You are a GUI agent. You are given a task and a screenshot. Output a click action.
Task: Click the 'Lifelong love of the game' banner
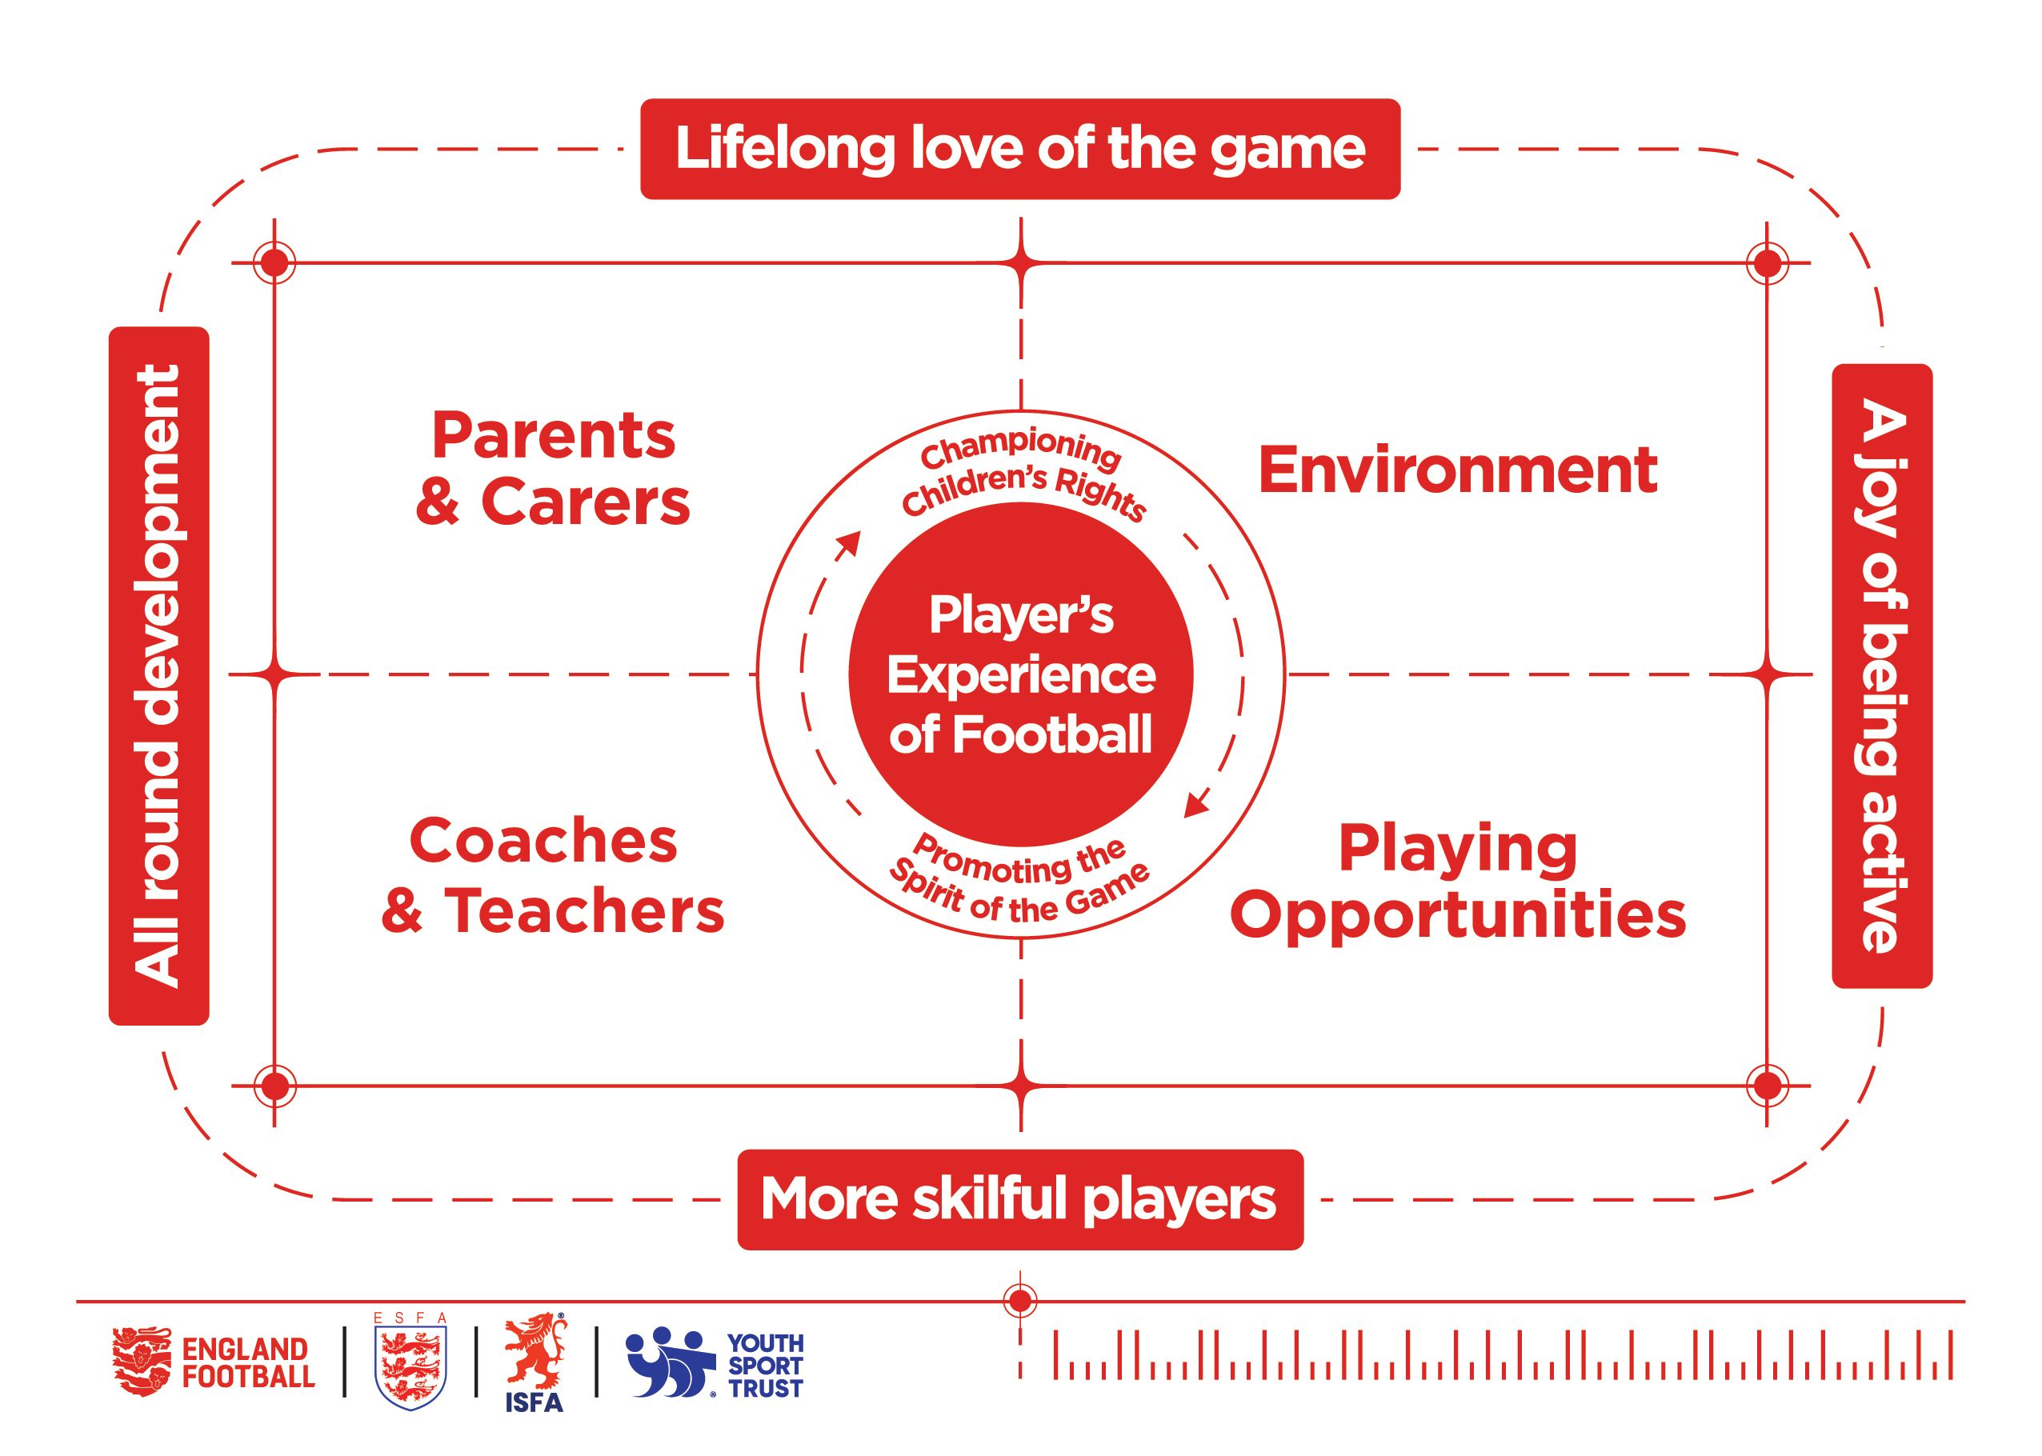tap(1019, 149)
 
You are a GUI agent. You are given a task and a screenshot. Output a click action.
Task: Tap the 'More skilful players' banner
tap(1019, 1198)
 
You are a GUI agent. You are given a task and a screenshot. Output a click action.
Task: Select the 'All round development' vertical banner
tap(158, 674)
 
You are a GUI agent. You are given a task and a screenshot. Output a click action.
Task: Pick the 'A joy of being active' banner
tap(1881, 675)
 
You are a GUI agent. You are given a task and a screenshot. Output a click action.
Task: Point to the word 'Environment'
tap(1458, 470)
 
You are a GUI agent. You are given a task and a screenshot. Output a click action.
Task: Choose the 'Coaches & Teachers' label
tap(552, 875)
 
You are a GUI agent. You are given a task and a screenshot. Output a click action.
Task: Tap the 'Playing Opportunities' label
tap(1458, 882)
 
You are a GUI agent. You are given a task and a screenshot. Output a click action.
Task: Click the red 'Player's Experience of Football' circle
tap(1020, 674)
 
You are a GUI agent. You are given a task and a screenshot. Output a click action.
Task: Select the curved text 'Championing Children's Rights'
tap(1023, 475)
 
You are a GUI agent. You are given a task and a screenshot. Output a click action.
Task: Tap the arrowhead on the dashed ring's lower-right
tap(1195, 805)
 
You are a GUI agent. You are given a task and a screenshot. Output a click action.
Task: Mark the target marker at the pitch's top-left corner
tap(274, 262)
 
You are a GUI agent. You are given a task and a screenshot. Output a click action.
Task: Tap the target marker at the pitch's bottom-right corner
tap(1766, 1086)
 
